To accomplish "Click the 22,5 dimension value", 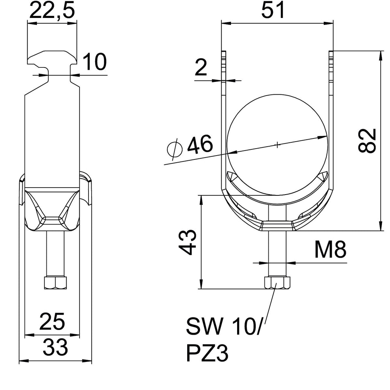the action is coord(52,10).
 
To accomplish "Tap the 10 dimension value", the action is coord(94,62).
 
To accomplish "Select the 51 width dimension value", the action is coord(273,10).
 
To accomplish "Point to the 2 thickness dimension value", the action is coord(201,67).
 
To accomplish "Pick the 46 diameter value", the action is coord(200,144).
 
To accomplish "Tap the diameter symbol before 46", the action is coord(175,149).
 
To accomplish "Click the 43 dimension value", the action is coord(187,242).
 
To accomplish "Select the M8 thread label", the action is coord(330,250).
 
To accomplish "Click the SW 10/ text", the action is coord(223,326).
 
